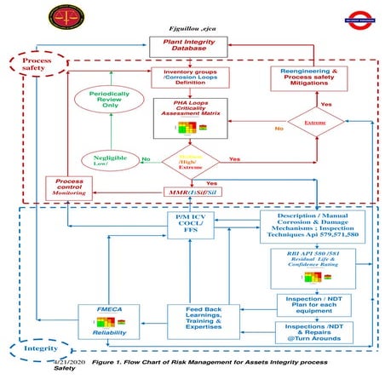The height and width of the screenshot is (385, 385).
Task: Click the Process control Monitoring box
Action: (68, 189)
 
